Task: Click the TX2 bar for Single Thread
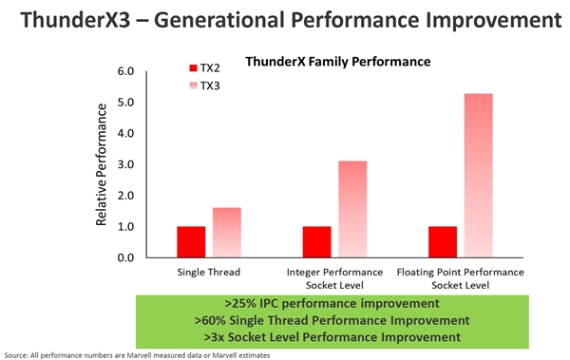(x=190, y=241)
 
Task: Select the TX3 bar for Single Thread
(x=227, y=233)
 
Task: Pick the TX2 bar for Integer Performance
(x=315, y=241)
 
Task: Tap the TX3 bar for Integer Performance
(x=352, y=209)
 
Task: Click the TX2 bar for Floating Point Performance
(x=443, y=241)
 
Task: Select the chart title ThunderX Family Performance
(x=338, y=61)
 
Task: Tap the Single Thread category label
(x=208, y=272)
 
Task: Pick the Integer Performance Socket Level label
(x=334, y=277)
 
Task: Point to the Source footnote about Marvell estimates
(x=137, y=354)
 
